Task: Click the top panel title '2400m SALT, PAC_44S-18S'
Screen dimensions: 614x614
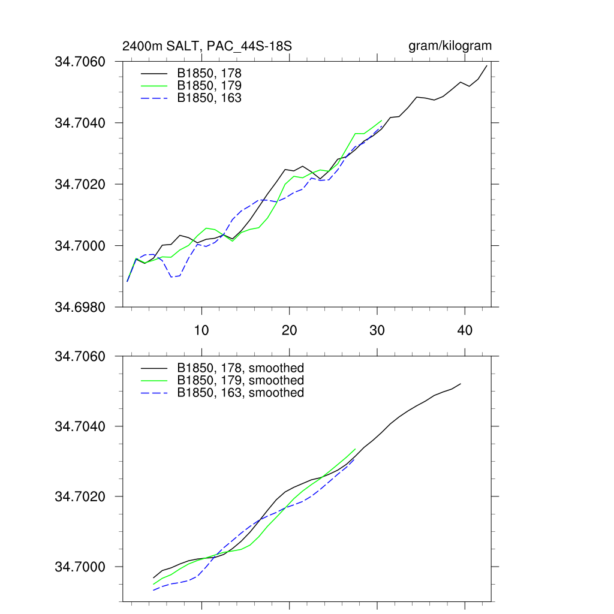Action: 207,46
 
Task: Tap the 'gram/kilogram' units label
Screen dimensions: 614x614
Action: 450,46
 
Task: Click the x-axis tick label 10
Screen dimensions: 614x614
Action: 201,330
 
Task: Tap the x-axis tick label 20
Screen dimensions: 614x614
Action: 290,330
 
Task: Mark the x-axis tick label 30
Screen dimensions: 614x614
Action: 377,330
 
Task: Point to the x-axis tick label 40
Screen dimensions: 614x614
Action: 465,330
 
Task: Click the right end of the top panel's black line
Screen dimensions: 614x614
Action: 487,65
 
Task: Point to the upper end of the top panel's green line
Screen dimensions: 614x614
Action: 381,121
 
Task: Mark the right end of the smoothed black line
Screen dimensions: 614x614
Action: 460,384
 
